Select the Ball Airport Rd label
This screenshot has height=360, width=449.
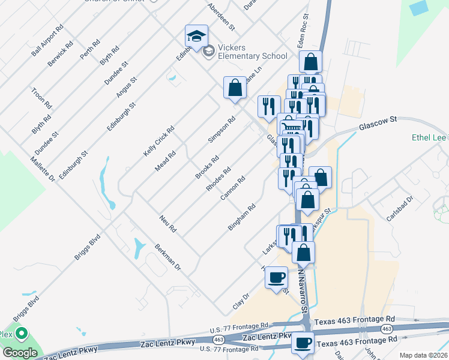click(48, 41)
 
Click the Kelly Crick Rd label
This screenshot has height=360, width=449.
click(159, 142)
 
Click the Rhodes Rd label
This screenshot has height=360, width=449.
click(218, 179)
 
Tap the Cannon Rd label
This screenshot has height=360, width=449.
click(234, 188)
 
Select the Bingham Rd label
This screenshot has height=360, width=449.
click(243, 217)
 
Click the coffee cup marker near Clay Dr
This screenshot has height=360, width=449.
click(276, 278)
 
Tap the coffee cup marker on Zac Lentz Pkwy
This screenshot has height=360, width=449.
click(303, 344)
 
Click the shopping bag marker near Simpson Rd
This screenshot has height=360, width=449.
click(235, 88)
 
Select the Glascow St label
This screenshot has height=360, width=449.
click(378, 124)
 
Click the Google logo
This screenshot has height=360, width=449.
click(19, 353)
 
